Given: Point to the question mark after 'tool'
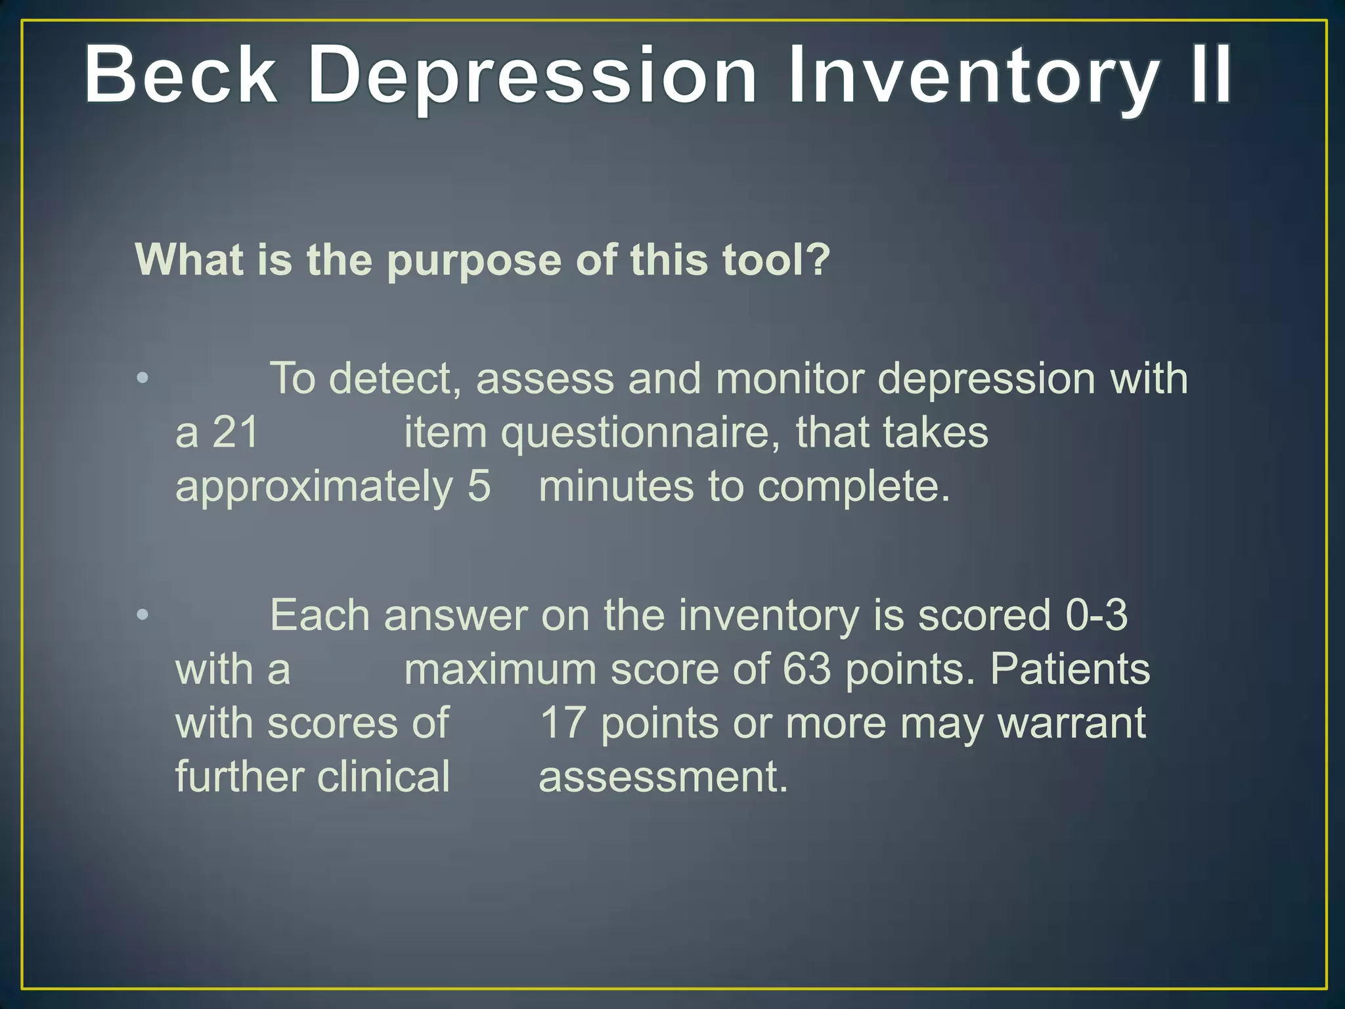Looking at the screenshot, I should pyautogui.click(x=818, y=259).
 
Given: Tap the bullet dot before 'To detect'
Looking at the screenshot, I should pyautogui.click(x=143, y=379).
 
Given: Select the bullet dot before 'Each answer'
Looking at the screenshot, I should pyautogui.click(x=143, y=616).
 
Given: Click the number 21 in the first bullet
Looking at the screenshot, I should pyautogui.click(x=235, y=433).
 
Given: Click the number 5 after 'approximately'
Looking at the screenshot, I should pyautogui.click(x=479, y=486).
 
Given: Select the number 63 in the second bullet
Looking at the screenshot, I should pyautogui.click(x=806, y=669).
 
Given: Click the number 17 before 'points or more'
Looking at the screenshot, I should pyautogui.click(x=562, y=723).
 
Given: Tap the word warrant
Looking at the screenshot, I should pyautogui.click(x=1071, y=723).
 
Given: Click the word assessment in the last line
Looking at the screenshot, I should pyautogui.click(x=663, y=777).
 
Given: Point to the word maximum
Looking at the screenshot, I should pyautogui.click(x=500, y=669).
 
